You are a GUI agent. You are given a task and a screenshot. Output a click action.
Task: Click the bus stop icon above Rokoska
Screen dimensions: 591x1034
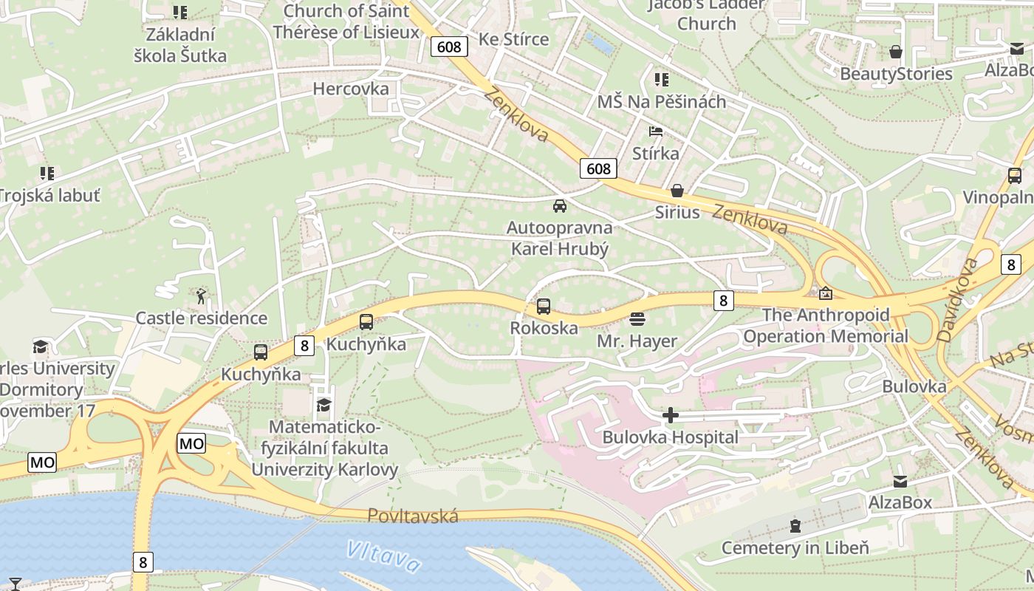click(x=544, y=306)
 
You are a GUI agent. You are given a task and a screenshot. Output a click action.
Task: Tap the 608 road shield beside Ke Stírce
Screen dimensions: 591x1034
click(x=448, y=47)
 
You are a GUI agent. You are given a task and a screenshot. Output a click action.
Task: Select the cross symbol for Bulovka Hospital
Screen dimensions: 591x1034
click(x=671, y=415)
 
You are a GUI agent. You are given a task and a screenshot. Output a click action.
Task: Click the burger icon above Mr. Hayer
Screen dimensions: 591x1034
click(x=637, y=319)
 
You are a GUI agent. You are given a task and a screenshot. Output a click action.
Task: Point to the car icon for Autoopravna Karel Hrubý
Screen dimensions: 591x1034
click(x=560, y=206)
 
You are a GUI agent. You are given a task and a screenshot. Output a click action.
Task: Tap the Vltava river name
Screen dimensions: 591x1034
click(x=383, y=556)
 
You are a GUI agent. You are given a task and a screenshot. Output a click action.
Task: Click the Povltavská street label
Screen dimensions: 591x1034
click(x=413, y=516)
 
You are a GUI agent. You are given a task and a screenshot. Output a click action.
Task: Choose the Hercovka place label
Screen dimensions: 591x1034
click(x=351, y=89)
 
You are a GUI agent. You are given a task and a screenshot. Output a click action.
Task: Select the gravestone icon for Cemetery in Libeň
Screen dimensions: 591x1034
click(x=795, y=526)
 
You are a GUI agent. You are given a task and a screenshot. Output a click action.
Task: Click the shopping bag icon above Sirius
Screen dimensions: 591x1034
click(x=677, y=191)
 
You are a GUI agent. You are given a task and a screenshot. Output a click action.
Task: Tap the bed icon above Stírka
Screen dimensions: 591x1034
click(x=655, y=131)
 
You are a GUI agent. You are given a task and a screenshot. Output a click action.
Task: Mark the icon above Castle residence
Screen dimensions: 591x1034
click(x=201, y=296)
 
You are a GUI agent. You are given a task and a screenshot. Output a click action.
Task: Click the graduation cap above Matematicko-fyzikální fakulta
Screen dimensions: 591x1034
click(x=323, y=405)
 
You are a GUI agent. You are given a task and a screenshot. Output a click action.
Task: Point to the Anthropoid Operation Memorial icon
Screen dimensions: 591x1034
click(x=825, y=293)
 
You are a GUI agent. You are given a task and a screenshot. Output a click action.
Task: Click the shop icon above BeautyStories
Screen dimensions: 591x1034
click(x=896, y=52)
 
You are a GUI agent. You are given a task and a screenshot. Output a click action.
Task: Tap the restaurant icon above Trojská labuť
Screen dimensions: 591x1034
click(x=47, y=174)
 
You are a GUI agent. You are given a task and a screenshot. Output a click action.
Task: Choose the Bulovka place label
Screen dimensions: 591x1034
click(x=914, y=386)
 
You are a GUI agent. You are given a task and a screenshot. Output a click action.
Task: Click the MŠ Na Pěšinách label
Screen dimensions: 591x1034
click(x=662, y=102)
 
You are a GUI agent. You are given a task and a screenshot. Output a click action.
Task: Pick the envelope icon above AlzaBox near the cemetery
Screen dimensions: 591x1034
click(x=900, y=482)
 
